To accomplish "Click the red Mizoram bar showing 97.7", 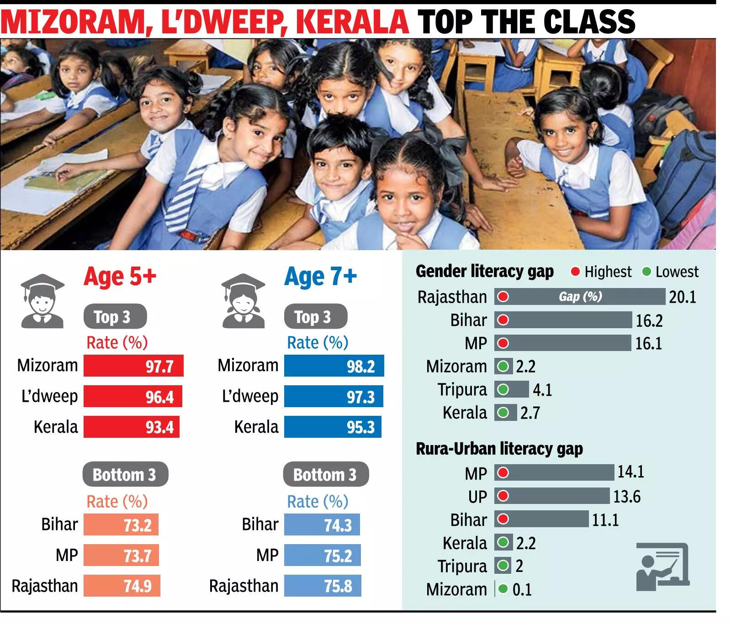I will point(133,366).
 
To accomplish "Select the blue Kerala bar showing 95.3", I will point(332,427).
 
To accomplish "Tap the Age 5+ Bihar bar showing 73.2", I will point(121,524).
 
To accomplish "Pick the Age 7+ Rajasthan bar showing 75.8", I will point(322,586).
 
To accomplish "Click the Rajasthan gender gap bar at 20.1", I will point(579,297).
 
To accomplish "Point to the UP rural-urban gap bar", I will point(551,496).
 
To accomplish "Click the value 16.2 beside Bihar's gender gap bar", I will point(649,320).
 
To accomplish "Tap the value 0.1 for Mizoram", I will point(522,589).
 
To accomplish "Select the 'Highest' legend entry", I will point(601,272).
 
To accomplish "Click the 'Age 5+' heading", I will point(120,277).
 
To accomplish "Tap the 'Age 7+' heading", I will point(320,277).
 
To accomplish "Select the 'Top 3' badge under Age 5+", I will point(115,316).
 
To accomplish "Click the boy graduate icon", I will point(42,301).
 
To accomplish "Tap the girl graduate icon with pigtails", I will point(243,301).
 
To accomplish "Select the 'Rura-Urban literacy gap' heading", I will point(499,449).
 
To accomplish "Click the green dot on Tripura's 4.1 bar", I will point(503,389).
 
